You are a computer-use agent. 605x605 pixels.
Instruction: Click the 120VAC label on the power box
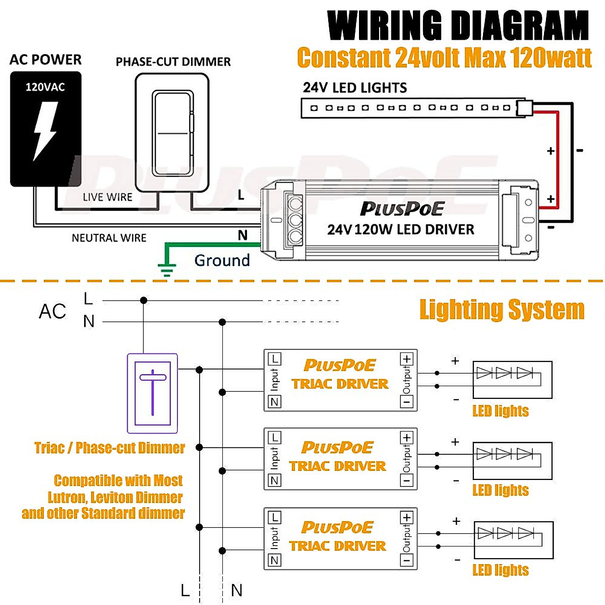click(45, 87)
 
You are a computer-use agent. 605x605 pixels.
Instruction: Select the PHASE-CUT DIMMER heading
click(173, 62)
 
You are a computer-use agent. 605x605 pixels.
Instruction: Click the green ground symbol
click(166, 270)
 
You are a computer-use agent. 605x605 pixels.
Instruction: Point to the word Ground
click(222, 261)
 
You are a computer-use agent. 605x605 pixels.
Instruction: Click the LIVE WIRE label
click(107, 197)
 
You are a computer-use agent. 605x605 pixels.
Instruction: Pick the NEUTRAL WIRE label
click(109, 238)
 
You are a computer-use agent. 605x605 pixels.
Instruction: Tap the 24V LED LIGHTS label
click(354, 88)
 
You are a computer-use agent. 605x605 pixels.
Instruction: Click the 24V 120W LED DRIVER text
click(401, 230)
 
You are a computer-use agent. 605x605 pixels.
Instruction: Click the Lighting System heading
click(502, 310)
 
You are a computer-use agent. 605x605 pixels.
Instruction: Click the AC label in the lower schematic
click(52, 312)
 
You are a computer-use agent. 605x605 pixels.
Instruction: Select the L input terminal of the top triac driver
click(275, 359)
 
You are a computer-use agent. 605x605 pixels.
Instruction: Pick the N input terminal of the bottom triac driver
click(275, 560)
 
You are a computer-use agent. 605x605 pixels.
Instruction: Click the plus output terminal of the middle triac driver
click(407, 438)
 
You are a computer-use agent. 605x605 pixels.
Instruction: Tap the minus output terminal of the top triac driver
click(407, 402)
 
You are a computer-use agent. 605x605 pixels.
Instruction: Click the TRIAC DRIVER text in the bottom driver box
click(338, 546)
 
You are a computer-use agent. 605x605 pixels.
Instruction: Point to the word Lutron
click(68, 498)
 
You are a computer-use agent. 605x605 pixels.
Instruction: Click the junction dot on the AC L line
click(144, 300)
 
